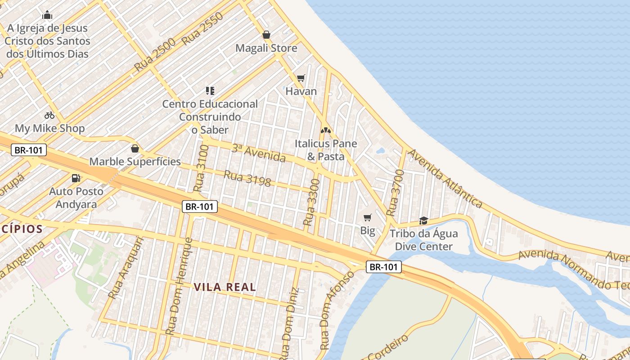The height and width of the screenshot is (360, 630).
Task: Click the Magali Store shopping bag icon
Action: (x=266, y=35)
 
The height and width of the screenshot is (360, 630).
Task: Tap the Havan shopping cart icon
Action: (x=301, y=78)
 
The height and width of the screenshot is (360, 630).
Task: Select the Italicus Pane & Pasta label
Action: (x=325, y=150)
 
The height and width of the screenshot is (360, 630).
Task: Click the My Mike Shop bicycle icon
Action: (x=49, y=115)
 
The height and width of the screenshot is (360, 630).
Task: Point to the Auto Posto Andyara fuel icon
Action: (x=76, y=178)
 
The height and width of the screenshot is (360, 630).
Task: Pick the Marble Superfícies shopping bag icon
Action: (x=135, y=148)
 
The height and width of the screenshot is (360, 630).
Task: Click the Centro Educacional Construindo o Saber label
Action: (x=210, y=117)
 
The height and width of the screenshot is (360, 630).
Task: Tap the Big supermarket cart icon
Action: (x=368, y=218)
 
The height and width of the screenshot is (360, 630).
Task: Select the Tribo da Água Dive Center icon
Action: (x=423, y=220)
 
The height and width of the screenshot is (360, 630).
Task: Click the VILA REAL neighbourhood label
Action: (x=225, y=287)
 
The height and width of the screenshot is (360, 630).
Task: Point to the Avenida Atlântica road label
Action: (x=445, y=179)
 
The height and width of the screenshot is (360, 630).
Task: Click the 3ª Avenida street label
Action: (x=258, y=153)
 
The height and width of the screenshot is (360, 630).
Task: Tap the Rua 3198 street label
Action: (x=247, y=178)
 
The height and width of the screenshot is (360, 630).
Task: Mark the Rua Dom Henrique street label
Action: (x=178, y=287)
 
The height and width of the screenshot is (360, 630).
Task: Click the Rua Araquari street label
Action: (x=126, y=268)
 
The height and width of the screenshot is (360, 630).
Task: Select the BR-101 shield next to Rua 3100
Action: (x=200, y=207)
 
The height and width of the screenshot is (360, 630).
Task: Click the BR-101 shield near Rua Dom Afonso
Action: (x=383, y=267)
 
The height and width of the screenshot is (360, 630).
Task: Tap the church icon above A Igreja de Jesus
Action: (x=47, y=15)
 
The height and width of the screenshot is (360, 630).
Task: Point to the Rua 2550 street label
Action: (x=203, y=28)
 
